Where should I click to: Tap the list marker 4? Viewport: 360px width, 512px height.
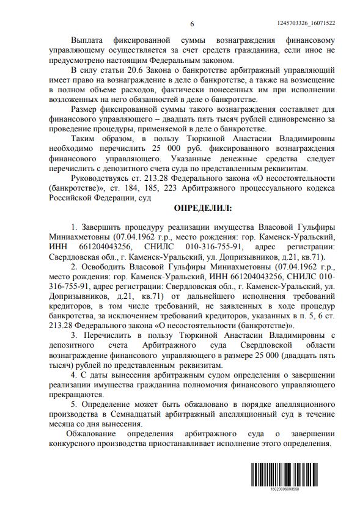[73, 373]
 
